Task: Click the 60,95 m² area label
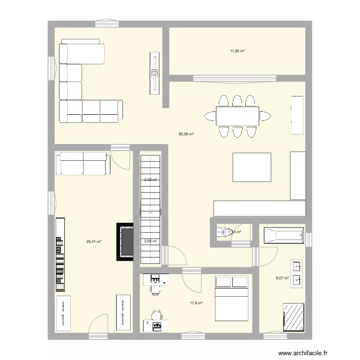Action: click(186, 134)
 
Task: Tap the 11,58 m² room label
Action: click(237, 50)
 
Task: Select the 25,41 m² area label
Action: click(94, 241)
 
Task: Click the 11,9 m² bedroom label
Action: click(196, 303)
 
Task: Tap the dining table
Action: click(237, 116)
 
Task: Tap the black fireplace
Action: click(125, 241)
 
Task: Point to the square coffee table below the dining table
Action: click(252, 167)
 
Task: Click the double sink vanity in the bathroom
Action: click(296, 273)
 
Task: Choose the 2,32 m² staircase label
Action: click(150, 180)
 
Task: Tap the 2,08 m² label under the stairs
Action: click(150, 241)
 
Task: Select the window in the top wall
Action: click(107, 22)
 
